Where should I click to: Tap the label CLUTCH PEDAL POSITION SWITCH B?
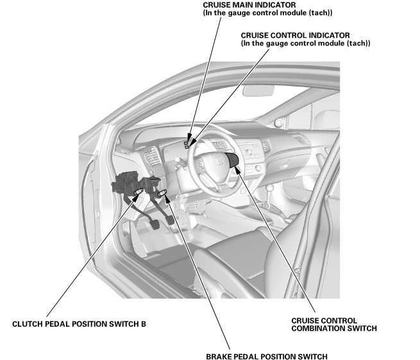[80, 324]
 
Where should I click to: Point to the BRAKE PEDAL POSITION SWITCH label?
[267, 356]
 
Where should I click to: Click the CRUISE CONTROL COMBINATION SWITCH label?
[333, 324]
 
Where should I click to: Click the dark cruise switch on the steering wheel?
[233, 161]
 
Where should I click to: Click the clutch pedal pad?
[153, 226]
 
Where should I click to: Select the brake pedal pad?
[169, 220]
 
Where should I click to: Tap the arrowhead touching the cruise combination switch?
[238, 168]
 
